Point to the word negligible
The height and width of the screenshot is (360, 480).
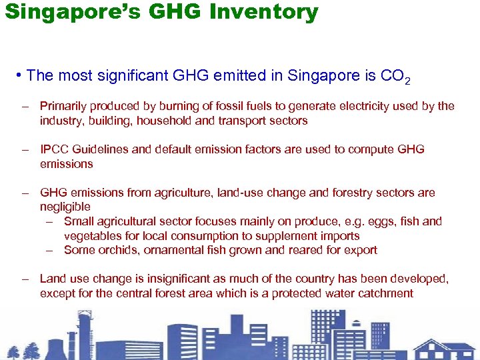[x=65, y=207]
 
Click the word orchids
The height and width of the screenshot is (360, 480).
[x=115, y=251]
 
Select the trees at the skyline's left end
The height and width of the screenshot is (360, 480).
[x=23, y=350]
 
